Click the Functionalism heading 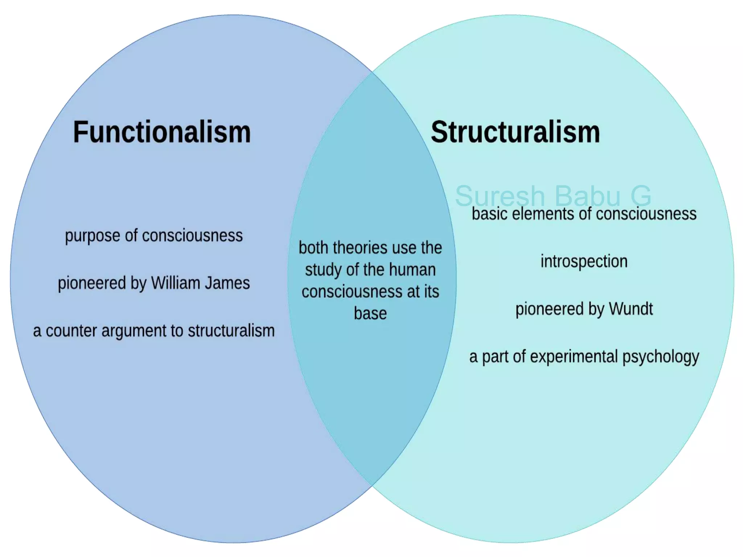click(x=162, y=132)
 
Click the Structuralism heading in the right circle click(x=515, y=132)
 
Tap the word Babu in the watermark click(x=588, y=196)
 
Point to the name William click(x=176, y=283)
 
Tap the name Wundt click(x=631, y=309)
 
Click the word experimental click(x=574, y=357)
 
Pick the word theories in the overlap click(x=359, y=248)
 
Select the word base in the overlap click(x=370, y=313)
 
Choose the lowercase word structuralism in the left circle click(x=231, y=331)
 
